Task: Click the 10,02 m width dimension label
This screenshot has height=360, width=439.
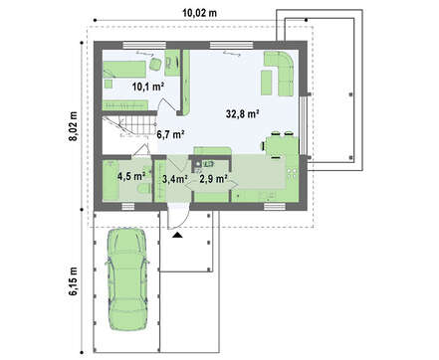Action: pyautogui.click(x=200, y=13)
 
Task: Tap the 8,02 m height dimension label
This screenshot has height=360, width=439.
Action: pyautogui.click(x=73, y=126)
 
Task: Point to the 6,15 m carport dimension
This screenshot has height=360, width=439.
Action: pyautogui.click(x=73, y=280)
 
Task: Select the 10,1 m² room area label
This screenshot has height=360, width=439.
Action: pyautogui.click(x=148, y=87)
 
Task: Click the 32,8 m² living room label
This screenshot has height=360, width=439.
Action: pyautogui.click(x=243, y=114)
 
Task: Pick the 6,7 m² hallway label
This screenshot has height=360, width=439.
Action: pyautogui.click(x=170, y=134)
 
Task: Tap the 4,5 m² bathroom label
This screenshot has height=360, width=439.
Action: pyautogui.click(x=131, y=176)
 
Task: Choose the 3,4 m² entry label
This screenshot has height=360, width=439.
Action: pyautogui.click(x=175, y=179)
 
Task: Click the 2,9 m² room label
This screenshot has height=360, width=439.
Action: pyautogui.click(x=213, y=179)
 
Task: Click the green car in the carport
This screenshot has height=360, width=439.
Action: pyautogui.click(x=127, y=279)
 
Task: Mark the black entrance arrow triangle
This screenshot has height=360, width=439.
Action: pyautogui.click(x=178, y=235)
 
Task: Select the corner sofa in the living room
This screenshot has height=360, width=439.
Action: pyautogui.click(x=280, y=74)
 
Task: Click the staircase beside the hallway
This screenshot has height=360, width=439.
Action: pyautogui.click(x=128, y=125)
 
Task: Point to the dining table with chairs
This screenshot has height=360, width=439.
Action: pyautogui.click(x=281, y=145)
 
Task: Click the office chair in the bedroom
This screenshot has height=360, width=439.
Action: pyautogui.click(x=155, y=64)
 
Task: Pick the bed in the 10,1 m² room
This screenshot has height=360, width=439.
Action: pyautogui.click(x=124, y=69)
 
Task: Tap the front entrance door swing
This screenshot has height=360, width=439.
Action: pyautogui.click(x=177, y=217)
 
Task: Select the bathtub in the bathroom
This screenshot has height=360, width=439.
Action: pyautogui.click(x=110, y=181)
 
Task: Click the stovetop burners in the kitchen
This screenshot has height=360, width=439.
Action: pyautogui.click(x=292, y=173)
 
